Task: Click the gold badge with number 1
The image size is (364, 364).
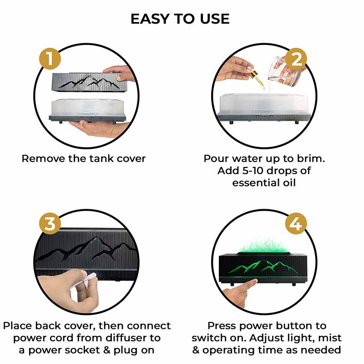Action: click(x=50, y=59)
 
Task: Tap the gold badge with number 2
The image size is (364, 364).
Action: click(x=296, y=59)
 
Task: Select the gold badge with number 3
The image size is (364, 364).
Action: click(x=50, y=223)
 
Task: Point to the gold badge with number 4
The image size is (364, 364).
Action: click(x=296, y=223)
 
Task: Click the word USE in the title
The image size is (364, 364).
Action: click(x=215, y=19)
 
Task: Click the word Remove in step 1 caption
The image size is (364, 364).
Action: click(x=43, y=159)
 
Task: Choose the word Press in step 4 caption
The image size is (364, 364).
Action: click(x=222, y=326)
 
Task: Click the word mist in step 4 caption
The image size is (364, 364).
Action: click(x=330, y=338)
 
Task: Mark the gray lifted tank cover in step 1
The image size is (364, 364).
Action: click(x=90, y=82)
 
